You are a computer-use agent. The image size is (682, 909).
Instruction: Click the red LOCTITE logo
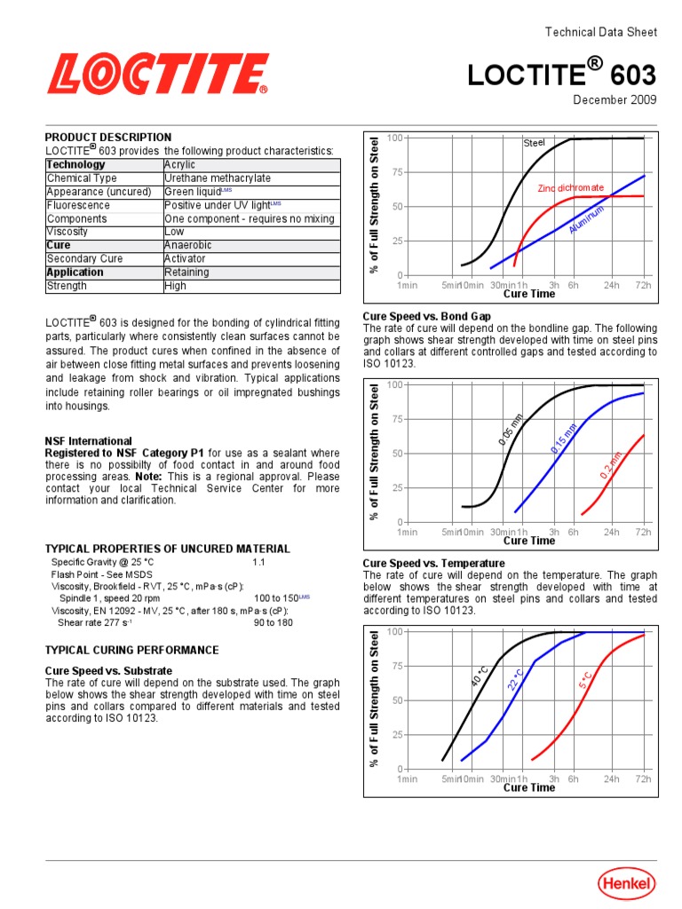pos(157,74)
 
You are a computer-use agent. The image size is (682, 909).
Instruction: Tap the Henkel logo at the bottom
pos(627,882)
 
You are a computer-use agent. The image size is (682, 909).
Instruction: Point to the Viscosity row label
pos(67,232)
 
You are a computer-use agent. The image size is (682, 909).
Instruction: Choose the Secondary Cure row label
pos(84,259)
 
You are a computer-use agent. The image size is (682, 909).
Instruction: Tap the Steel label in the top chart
pos(534,143)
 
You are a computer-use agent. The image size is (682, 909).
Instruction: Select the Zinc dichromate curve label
pos(570,188)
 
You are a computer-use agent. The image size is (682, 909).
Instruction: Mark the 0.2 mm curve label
pos(611,465)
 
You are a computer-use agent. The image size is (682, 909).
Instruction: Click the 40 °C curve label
pos(479,676)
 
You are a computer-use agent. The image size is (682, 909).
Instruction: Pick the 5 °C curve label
pos(585,680)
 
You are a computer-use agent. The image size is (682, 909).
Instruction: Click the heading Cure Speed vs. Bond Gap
pos(427,316)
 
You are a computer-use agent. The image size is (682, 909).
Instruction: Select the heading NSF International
pos(88,441)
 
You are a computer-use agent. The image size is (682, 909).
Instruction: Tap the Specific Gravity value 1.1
pos(258,563)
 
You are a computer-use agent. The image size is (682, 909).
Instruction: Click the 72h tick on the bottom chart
pos(643,779)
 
